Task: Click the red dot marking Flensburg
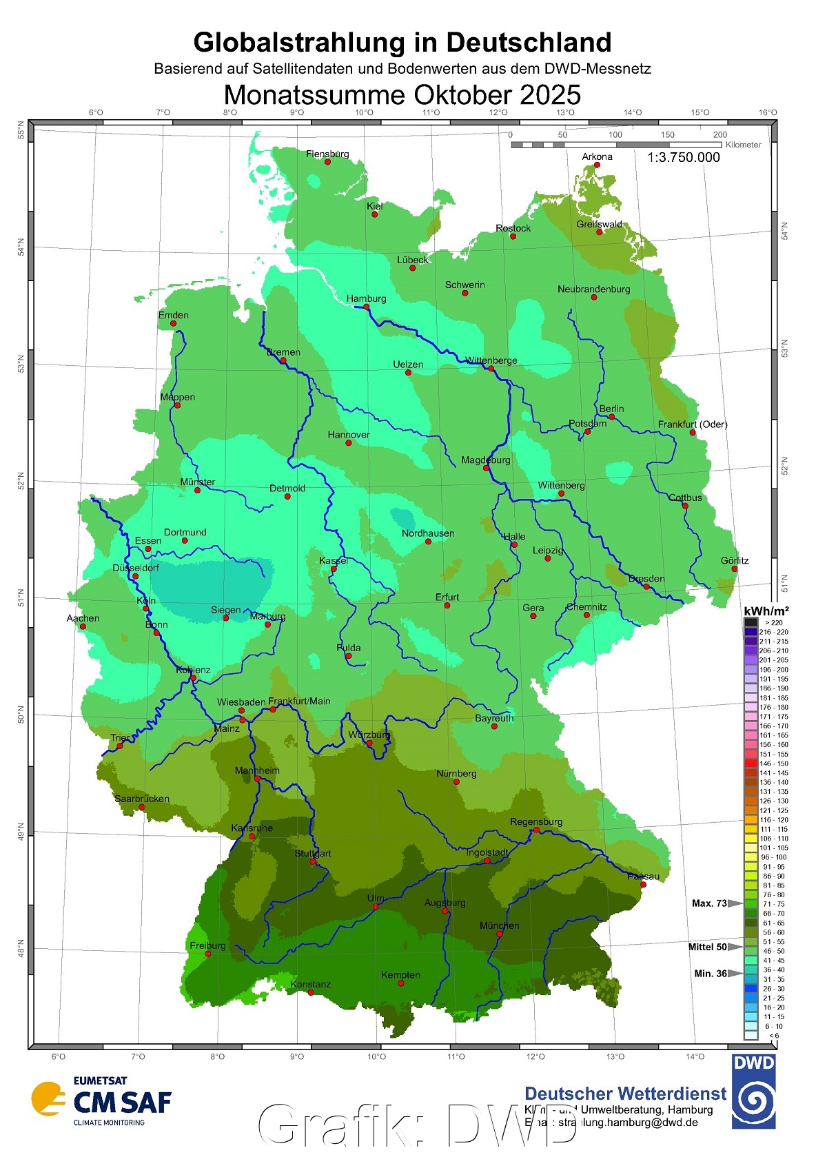327,162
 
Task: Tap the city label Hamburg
366,298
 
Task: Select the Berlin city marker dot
611,417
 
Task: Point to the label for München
500,925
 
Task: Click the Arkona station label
597,156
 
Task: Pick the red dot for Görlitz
735,569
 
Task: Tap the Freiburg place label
207,945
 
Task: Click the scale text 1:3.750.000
683,157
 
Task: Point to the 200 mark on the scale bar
720,135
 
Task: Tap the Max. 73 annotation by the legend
709,903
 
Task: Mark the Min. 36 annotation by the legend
710,974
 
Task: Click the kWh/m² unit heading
766,611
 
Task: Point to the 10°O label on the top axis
365,112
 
